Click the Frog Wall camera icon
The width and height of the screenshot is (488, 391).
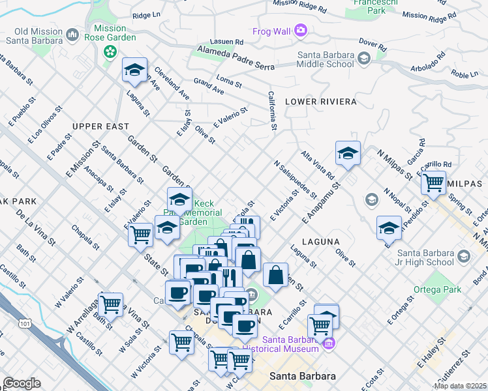click(x=300, y=30)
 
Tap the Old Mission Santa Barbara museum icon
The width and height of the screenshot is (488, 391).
click(x=72, y=33)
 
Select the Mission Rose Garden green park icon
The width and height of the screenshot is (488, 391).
click(x=110, y=51)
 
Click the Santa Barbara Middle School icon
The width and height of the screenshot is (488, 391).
click(x=363, y=59)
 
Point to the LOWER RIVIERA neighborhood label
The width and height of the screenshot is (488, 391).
click(x=320, y=102)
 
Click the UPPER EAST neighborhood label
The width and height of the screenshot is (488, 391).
click(x=97, y=126)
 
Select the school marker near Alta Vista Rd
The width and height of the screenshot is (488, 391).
click(x=348, y=154)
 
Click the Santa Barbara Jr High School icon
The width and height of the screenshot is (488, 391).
click(x=464, y=256)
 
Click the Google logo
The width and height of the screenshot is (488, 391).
click(x=22, y=383)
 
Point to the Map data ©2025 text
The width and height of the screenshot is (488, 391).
click(x=460, y=386)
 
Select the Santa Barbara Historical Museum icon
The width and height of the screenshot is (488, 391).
click(x=329, y=343)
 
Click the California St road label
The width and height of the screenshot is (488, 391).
click(x=273, y=109)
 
